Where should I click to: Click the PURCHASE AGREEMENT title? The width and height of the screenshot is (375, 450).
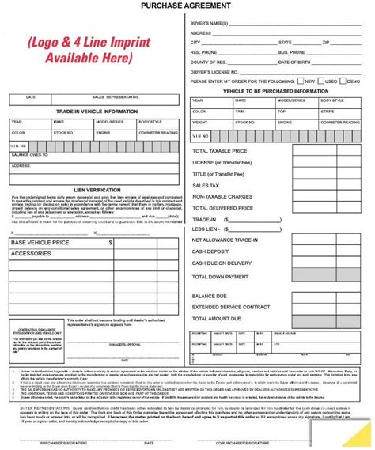pyautogui.click(x=187, y=6)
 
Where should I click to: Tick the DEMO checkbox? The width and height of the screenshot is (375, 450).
pyautogui.click(x=344, y=81)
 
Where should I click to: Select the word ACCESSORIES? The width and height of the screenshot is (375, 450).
pyautogui.click(x=31, y=254)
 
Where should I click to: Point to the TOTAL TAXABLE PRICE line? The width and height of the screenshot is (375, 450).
pyautogui.click(x=220, y=150)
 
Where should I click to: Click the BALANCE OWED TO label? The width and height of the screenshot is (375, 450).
pyautogui.click(x=28, y=154)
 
